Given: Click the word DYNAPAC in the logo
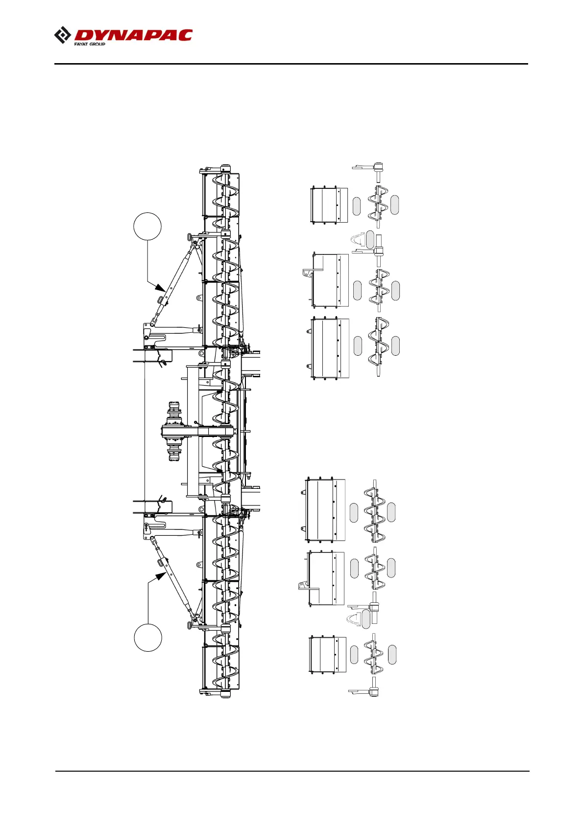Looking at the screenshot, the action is [133, 35].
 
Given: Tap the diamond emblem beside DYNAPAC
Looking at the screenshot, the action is [62, 36].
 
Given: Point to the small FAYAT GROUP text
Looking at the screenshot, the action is [90, 44].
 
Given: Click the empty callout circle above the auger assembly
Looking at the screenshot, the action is [147, 227].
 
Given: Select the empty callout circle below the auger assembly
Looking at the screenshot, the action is [148, 638].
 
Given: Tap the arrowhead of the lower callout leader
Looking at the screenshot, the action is [160, 576].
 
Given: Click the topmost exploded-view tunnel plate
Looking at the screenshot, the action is [329, 205].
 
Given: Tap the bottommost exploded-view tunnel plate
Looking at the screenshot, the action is [327, 655].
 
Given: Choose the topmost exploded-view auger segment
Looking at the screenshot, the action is [378, 205].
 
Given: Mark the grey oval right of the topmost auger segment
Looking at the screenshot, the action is [394, 205].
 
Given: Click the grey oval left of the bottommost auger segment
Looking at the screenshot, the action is [354, 655].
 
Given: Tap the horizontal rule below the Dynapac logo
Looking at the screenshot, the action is [291, 64].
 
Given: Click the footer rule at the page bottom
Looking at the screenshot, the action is [292, 772].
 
